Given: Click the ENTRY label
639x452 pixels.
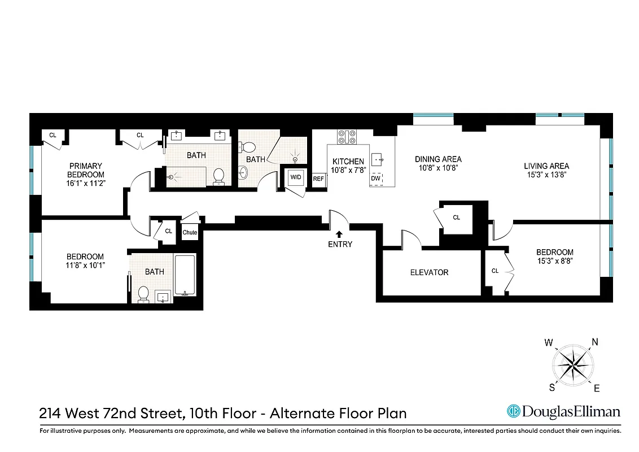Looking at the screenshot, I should pyautogui.click(x=339, y=244).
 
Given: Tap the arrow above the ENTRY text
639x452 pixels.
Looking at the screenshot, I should pyautogui.click(x=339, y=233).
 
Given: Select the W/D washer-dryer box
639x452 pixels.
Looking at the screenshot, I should pyautogui.click(x=296, y=177).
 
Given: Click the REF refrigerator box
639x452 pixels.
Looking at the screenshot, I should pyautogui.click(x=318, y=179).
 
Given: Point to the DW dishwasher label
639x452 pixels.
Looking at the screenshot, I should pyautogui.click(x=376, y=179).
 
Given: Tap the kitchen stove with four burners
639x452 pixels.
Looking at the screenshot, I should pyautogui.click(x=347, y=137).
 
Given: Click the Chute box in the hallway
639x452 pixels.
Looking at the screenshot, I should pyautogui.click(x=190, y=232).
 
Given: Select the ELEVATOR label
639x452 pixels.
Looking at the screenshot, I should pyautogui.click(x=429, y=272).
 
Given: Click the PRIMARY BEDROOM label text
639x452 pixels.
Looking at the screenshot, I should pyautogui.click(x=86, y=170).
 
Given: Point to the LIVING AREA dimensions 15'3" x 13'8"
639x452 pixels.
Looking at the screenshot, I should pyautogui.click(x=546, y=175).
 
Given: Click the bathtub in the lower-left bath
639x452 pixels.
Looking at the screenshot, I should pyautogui.click(x=185, y=275).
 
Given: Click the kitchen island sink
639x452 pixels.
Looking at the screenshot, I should pyautogui.click(x=378, y=158).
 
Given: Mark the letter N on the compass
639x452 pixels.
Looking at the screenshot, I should pyautogui.click(x=594, y=341).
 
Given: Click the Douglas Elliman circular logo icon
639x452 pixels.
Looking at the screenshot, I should pyautogui.click(x=513, y=411).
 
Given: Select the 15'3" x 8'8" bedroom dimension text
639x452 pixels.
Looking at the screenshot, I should pyautogui.click(x=554, y=261).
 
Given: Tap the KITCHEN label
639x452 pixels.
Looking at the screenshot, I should pyautogui.click(x=348, y=162).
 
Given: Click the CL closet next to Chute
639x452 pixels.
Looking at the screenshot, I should pyautogui.click(x=168, y=231).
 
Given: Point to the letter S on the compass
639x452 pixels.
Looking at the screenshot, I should pyautogui.click(x=552, y=388).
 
